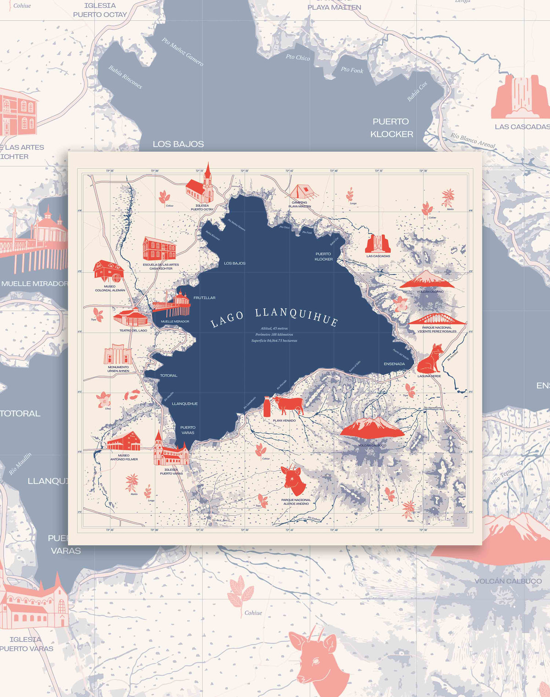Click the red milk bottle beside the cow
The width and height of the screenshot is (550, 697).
[267, 407]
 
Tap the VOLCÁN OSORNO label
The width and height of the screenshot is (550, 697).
[430, 292]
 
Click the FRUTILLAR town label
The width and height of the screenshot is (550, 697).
[204, 298]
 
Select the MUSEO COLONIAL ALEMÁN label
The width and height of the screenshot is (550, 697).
[110, 288]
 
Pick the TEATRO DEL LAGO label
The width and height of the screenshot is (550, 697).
[133, 330]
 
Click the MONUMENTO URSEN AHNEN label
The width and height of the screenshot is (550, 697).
[118, 369]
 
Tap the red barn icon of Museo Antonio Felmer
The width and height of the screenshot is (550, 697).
[124, 441]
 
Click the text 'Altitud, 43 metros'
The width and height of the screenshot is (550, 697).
[274, 328]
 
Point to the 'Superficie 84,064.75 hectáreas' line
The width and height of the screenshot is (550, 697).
[274, 341]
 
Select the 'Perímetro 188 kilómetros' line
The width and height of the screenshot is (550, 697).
[274, 335]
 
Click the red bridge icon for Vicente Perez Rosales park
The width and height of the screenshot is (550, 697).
[437, 319]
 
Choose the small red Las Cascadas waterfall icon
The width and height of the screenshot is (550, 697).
[378, 244]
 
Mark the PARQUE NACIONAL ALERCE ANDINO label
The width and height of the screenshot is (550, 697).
[296, 502]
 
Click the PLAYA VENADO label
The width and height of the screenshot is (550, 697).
[284, 420]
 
